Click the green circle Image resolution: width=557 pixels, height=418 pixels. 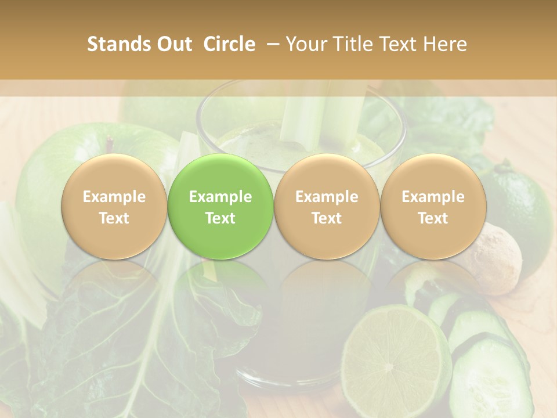220,206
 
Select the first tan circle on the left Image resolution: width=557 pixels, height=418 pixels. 114,206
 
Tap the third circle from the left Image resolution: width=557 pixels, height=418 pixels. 327,206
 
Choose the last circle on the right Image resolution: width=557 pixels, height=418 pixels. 433,206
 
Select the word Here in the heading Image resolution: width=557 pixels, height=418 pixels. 446,44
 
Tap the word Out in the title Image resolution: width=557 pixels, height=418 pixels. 172,44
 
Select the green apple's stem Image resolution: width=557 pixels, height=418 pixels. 110,140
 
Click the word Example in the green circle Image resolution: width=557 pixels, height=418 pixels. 220,197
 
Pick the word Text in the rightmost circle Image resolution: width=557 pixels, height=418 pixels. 433,218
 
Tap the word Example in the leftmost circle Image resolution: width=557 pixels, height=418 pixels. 114,197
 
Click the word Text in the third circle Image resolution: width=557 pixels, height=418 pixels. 327,218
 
